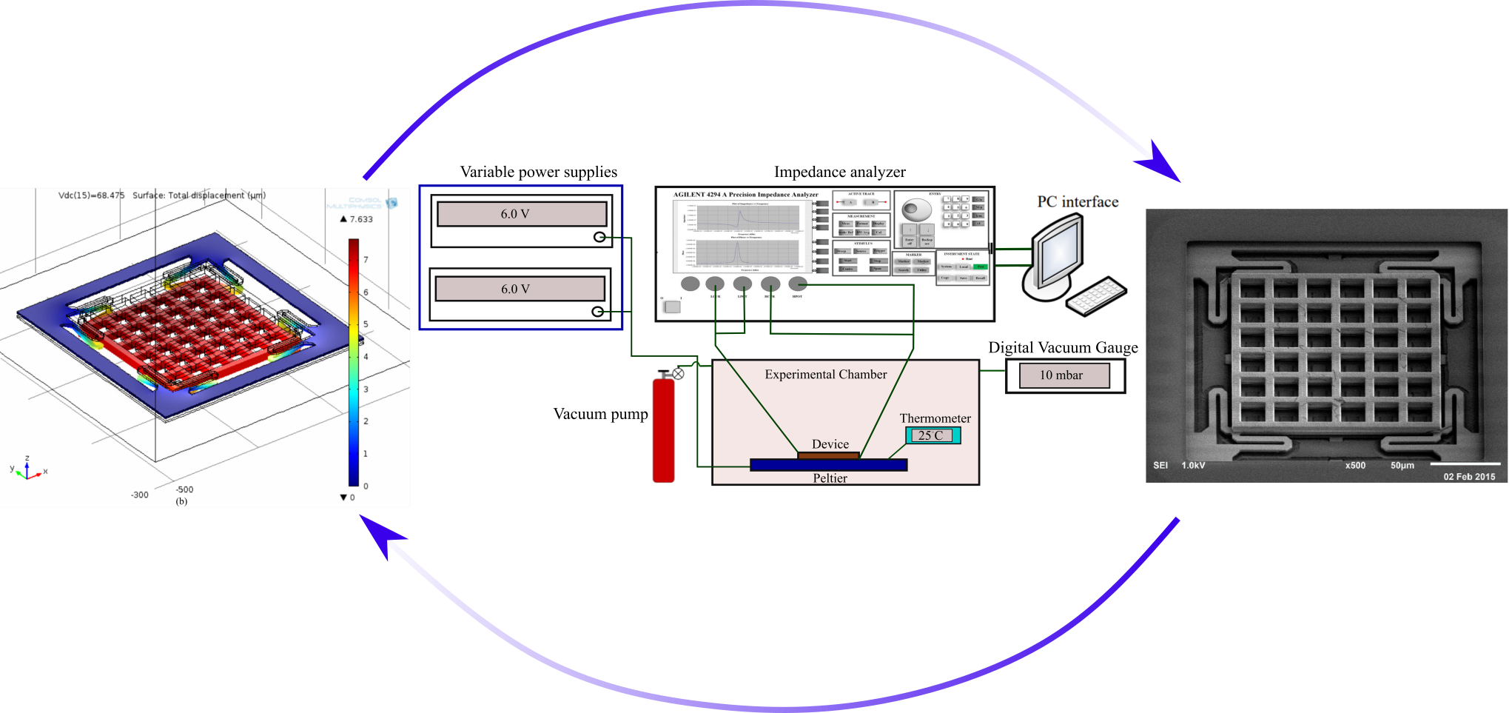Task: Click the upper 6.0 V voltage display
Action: [x=522, y=214]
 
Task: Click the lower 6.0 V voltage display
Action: [x=520, y=289]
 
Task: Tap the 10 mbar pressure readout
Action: [x=1064, y=375]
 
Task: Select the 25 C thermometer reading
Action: [x=933, y=435]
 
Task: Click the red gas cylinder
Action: [x=664, y=429]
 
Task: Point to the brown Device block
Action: [x=828, y=455]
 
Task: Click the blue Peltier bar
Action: [x=828, y=465]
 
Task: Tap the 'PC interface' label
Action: [x=1078, y=201]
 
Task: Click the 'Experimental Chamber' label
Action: [x=825, y=375]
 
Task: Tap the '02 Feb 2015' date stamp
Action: [x=1469, y=477]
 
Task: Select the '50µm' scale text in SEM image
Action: [x=1402, y=466]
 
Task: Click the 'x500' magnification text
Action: [x=1355, y=466]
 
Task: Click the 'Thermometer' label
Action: [x=935, y=418]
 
